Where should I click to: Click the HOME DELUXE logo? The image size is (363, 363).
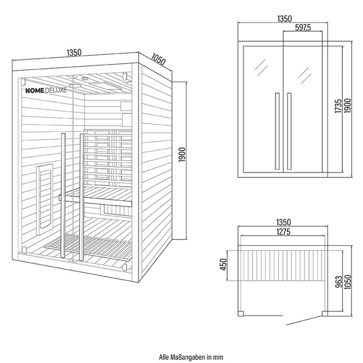click(x=46, y=90)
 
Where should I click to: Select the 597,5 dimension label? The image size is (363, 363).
click(x=303, y=28)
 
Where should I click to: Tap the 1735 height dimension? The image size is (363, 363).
click(x=338, y=106)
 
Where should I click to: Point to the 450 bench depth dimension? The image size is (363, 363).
click(x=223, y=265)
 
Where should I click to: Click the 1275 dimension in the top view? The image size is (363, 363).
click(x=283, y=231)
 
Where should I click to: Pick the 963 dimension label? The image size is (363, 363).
click(x=338, y=281)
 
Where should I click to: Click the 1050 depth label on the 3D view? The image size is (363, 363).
click(x=158, y=59)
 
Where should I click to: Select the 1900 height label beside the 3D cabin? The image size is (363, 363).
click(x=182, y=155)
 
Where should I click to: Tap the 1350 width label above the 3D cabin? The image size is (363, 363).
click(x=74, y=53)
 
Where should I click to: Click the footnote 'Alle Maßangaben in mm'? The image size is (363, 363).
click(x=191, y=357)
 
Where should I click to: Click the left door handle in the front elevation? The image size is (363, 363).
click(x=277, y=131)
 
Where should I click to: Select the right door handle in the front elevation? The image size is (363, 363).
click(x=289, y=131)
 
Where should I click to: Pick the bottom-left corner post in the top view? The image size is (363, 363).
click(x=241, y=314)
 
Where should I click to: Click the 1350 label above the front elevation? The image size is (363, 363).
click(x=285, y=19)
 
